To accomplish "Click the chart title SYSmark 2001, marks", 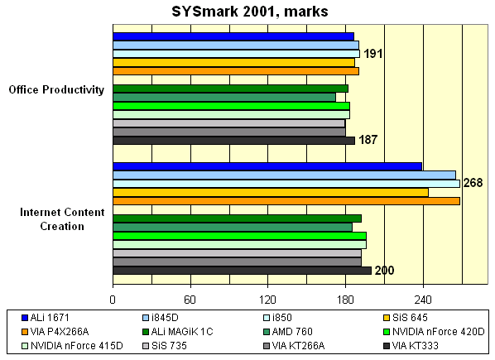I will tap(247, 12).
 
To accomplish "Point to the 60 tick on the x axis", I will tap(190, 299).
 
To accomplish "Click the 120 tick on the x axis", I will tap(267, 299).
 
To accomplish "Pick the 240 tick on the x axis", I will tap(423, 299).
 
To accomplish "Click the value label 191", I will tap(373, 54).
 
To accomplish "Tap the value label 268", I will tap(473, 183).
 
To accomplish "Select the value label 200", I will tap(384, 271).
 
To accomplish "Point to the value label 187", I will tap(368, 141).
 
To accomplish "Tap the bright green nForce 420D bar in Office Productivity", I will tap(231, 106).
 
